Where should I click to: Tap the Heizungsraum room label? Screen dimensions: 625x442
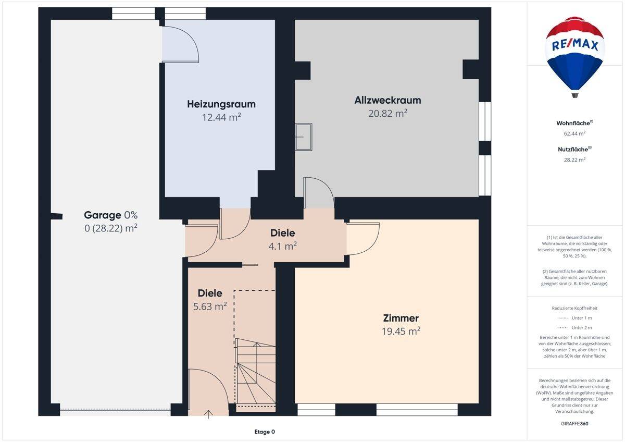click(x=221, y=104)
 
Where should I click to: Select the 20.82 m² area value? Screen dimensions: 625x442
click(x=387, y=113)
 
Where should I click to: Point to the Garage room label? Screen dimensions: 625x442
click(x=103, y=215)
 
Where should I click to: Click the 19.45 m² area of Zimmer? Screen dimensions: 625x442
click(x=401, y=331)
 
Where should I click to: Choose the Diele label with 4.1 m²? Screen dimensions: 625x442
click(x=282, y=233)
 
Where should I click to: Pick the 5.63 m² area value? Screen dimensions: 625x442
click(x=210, y=306)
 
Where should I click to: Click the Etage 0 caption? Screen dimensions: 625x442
click(x=265, y=432)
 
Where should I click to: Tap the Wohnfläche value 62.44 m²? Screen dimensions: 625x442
click(x=574, y=133)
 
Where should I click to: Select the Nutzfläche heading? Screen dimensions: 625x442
click(x=574, y=150)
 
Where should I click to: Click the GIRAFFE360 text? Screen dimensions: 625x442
click(x=574, y=424)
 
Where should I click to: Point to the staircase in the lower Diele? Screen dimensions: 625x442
click(x=256, y=371)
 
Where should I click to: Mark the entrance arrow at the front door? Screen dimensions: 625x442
click(x=208, y=414)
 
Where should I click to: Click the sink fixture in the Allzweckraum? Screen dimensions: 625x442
click(x=304, y=137)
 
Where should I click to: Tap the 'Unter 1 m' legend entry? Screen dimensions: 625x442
click(x=574, y=318)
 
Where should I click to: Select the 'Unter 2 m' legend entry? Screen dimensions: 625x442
click(x=574, y=328)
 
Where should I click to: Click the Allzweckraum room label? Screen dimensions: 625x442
click(x=387, y=100)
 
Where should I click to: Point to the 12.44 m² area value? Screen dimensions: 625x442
click(x=221, y=117)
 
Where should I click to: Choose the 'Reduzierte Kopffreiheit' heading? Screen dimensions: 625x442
click(x=574, y=308)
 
